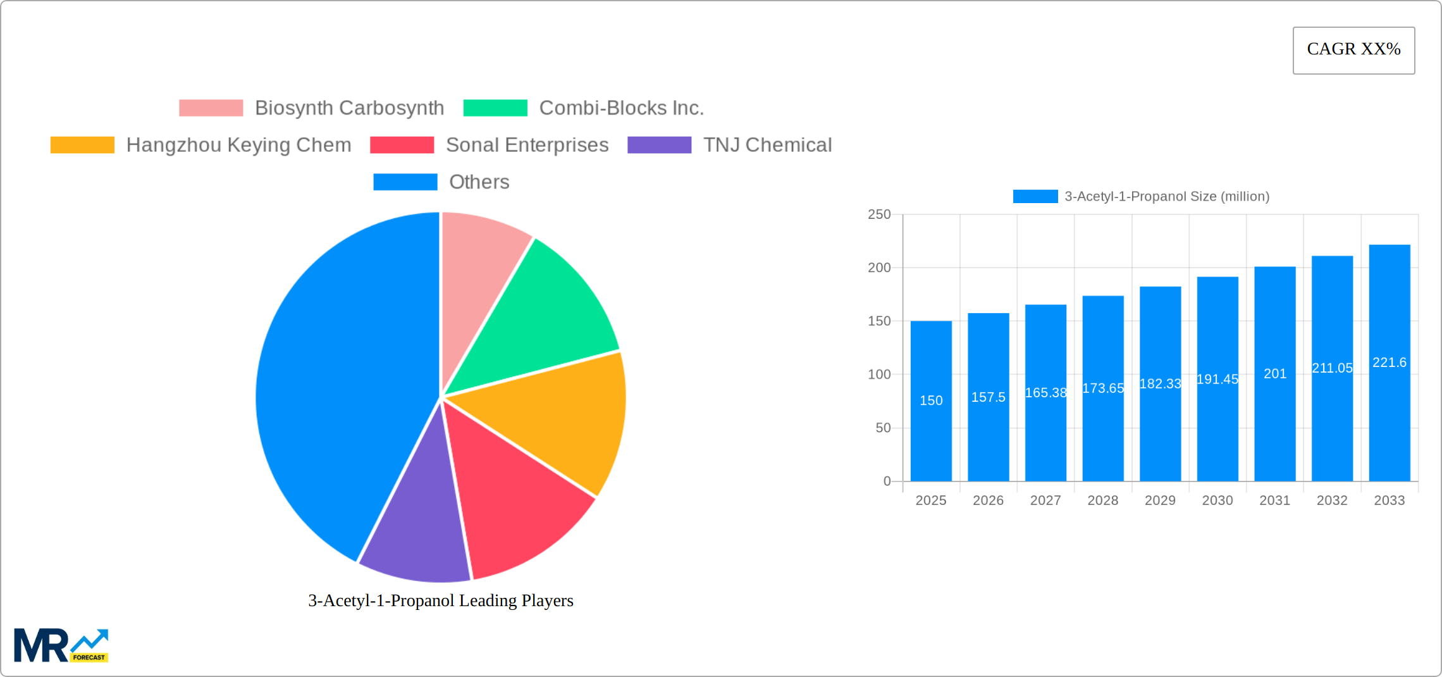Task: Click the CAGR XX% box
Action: (1353, 50)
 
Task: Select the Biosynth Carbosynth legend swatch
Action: (211, 108)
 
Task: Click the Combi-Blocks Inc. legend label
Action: (621, 108)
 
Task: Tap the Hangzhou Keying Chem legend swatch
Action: (82, 145)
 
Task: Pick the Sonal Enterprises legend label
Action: (527, 145)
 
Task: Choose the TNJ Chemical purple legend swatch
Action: (659, 145)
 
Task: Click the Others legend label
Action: (479, 182)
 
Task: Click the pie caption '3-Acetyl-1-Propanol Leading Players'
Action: (441, 600)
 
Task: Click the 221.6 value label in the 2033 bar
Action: (1390, 363)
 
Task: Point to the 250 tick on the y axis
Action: (879, 214)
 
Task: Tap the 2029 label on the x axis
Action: (1160, 500)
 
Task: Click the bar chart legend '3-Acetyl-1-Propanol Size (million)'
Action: (1167, 197)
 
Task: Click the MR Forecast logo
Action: (61, 645)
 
